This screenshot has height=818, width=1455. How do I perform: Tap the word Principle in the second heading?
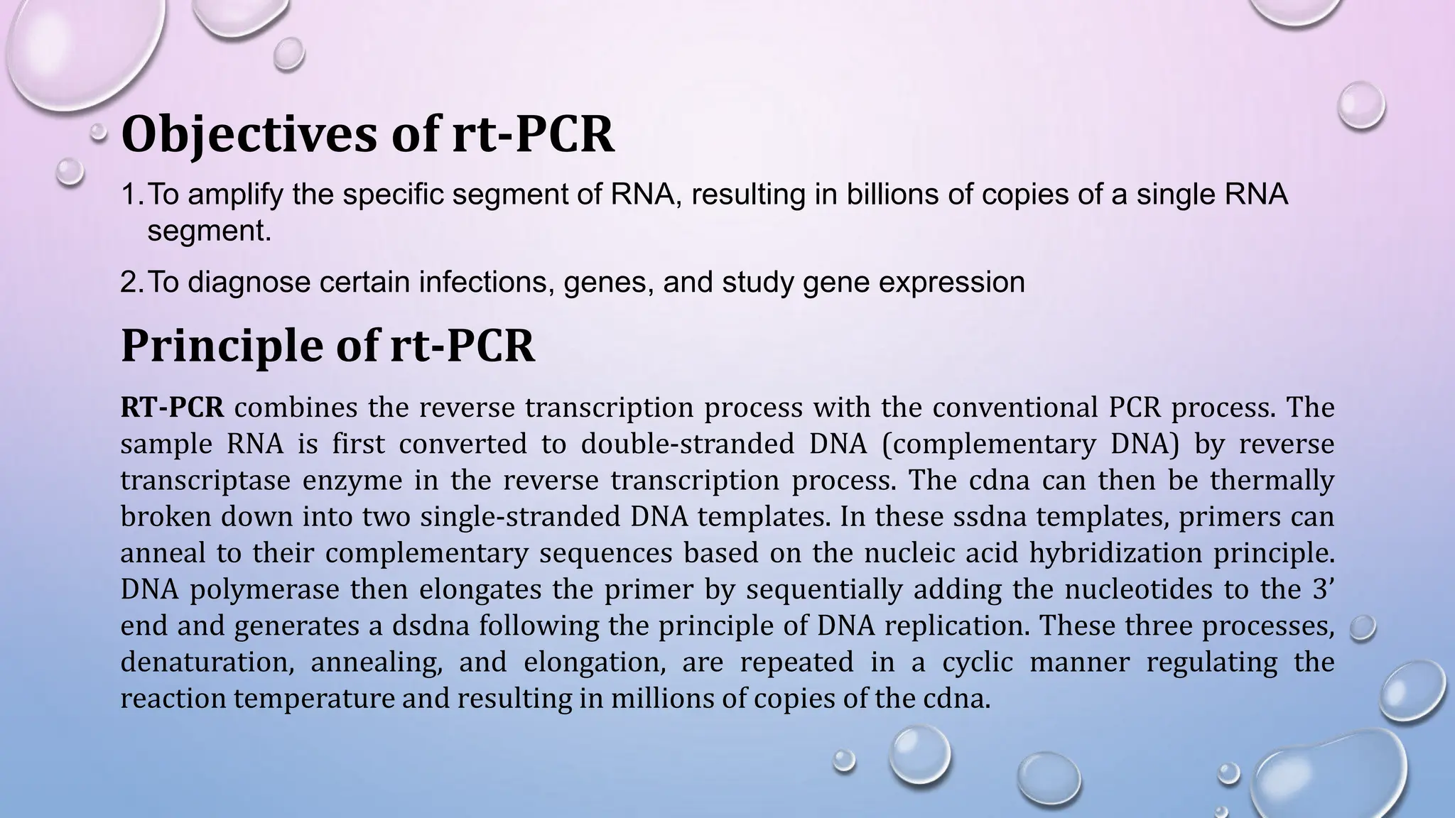pos(242,346)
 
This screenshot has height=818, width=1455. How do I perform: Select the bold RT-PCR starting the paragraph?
pos(173,408)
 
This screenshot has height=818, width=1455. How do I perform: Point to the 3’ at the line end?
pos(1322,589)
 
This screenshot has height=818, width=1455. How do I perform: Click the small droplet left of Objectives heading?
pos(99,132)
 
